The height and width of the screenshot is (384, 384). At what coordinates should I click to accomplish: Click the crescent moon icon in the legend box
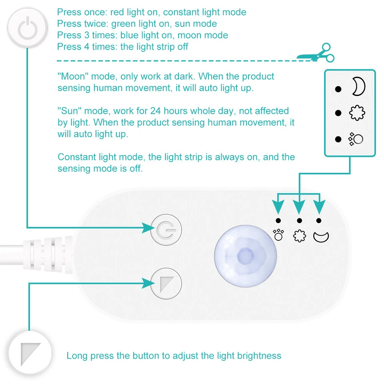point(358,87)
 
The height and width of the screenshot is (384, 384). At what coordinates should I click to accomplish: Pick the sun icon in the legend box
point(357,114)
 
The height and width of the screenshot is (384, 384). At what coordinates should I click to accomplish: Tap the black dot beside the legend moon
point(338,89)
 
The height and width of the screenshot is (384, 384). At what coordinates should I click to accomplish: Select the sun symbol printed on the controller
point(300,236)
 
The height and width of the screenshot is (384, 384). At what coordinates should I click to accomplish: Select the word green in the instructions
point(124,24)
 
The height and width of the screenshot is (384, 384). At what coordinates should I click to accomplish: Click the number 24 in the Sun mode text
point(165,111)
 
